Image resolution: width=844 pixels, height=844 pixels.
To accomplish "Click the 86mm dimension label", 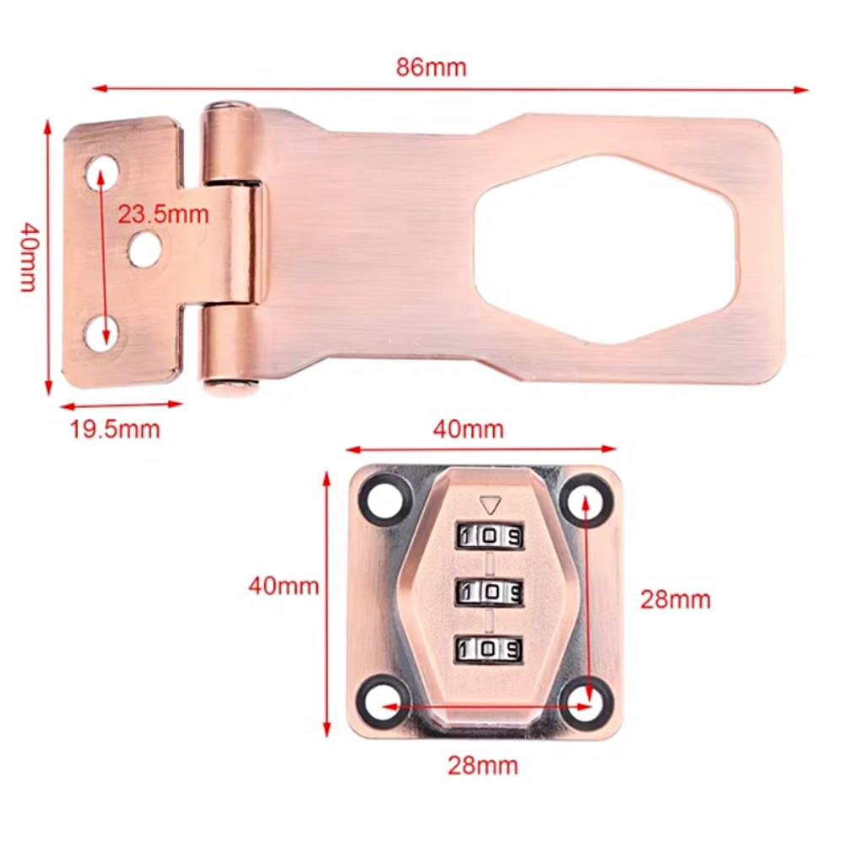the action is click(431, 68).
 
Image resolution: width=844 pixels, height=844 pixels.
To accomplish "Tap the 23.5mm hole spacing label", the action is click(164, 214).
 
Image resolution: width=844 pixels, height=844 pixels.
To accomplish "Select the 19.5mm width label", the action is click(115, 430).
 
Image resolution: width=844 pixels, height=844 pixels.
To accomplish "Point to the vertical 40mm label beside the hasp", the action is click(28, 257).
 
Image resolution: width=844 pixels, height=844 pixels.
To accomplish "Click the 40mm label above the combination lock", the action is click(468, 430).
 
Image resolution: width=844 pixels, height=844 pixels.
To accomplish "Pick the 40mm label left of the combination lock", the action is click(284, 586).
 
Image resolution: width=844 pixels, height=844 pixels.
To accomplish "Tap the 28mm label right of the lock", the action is click(675, 599).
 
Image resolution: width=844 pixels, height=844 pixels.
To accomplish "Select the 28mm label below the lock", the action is click(483, 766).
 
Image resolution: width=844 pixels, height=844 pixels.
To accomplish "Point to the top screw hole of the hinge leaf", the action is click(102, 168).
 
